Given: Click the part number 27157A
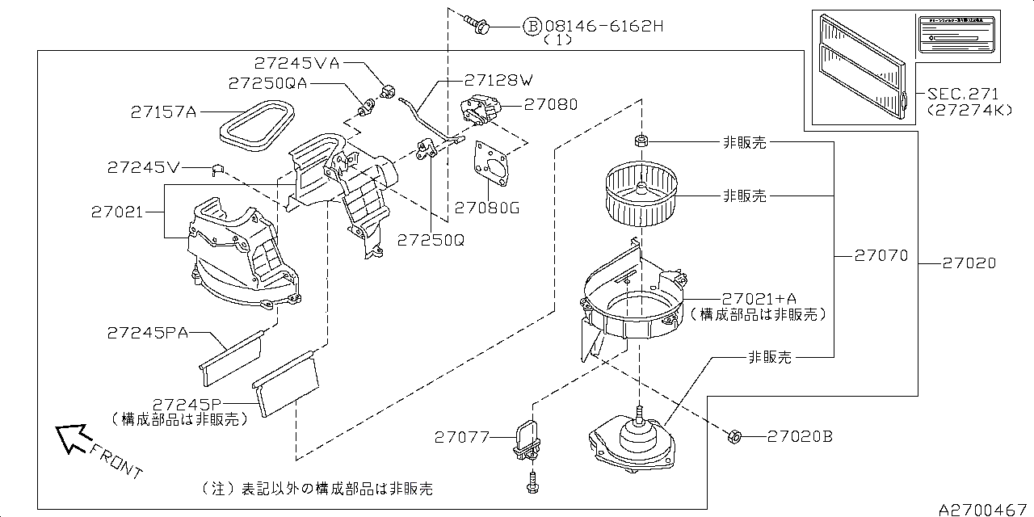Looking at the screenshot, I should [163, 112].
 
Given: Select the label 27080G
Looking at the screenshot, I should [486, 208].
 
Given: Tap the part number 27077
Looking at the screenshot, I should [462, 437].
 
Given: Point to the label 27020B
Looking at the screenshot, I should [800, 436].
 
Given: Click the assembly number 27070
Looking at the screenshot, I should [881, 256].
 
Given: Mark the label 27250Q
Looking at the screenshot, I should [431, 240].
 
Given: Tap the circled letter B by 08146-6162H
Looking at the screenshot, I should [532, 27].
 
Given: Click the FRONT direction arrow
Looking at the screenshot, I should [73, 439].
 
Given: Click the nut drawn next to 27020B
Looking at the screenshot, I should [733, 436].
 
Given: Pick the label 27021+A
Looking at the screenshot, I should [761, 297].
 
